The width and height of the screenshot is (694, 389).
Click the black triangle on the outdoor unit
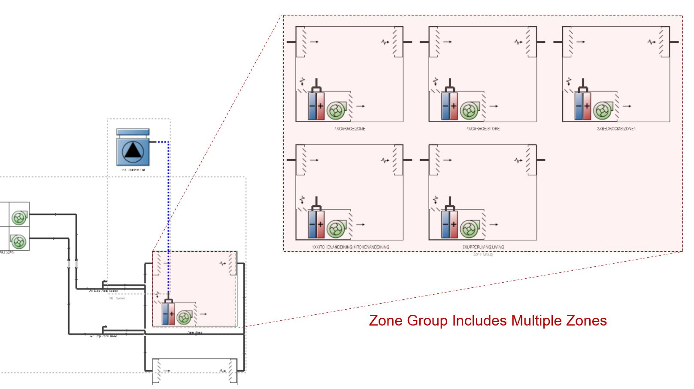133,151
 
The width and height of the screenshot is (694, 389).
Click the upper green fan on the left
19,217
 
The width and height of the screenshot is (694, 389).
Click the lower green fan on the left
18,241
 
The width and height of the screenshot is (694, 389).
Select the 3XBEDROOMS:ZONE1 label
616,129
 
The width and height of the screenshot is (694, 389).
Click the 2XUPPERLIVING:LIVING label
483,247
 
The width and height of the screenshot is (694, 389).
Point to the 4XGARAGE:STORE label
483,129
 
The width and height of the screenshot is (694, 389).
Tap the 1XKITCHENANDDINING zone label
350,247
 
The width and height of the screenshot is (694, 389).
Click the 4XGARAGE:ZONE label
350,129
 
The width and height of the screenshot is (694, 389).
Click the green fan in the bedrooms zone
603,111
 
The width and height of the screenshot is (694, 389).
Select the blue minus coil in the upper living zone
445,224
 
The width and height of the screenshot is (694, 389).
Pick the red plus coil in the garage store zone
454,106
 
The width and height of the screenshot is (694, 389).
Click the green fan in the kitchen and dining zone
336,229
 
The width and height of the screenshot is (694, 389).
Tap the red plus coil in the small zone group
171,314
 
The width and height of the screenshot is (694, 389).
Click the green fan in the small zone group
184,317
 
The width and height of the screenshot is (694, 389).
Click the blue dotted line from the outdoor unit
168,206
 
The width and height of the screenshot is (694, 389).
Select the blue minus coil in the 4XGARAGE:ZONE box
312,106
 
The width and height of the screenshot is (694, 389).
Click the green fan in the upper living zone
469,229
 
